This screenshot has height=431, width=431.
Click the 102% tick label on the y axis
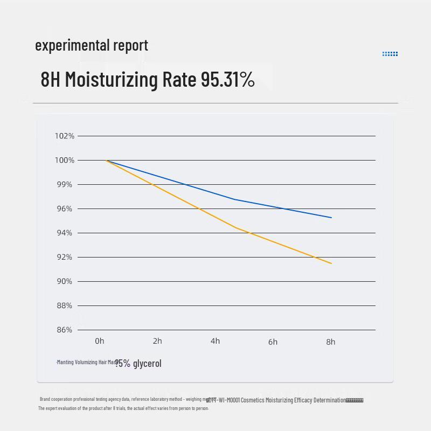click(x=65, y=136)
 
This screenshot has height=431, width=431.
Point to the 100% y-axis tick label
click(x=65, y=160)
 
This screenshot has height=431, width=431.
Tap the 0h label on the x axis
click(x=100, y=341)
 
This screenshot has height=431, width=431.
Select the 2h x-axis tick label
click(x=157, y=341)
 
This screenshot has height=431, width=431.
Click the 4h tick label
click(x=215, y=341)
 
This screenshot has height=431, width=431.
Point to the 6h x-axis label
click(x=273, y=342)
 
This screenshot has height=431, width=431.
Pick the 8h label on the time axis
click(x=330, y=342)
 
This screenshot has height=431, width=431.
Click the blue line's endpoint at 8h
click(x=331, y=218)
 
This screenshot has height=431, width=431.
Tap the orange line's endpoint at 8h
click(x=331, y=263)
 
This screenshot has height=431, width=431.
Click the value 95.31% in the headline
click(x=227, y=80)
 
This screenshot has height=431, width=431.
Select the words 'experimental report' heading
click(x=92, y=45)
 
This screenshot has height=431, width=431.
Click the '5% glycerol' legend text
click(x=140, y=364)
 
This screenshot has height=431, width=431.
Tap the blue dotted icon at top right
click(x=390, y=54)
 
